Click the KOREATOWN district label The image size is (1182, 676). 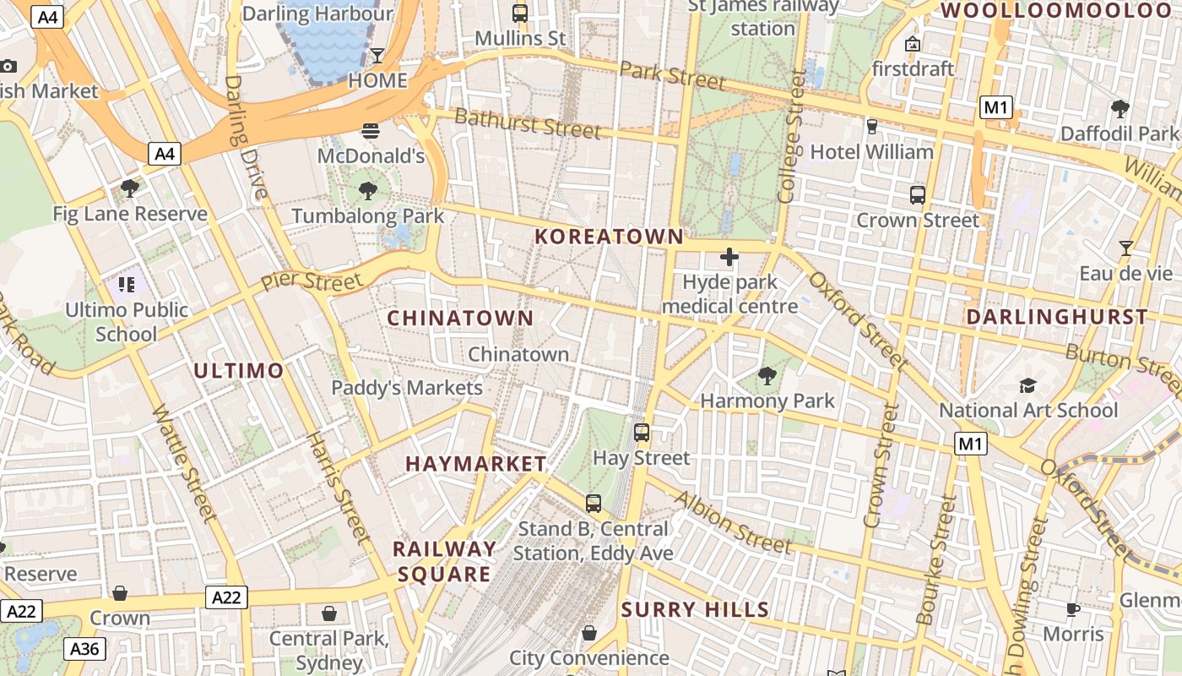click(609, 237)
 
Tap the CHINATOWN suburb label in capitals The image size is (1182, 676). click(460, 319)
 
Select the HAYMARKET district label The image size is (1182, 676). click(476, 464)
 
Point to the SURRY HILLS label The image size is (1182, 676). click(695, 610)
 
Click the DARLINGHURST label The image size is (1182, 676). click(1056, 318)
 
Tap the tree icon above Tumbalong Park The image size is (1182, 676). click(367, 191)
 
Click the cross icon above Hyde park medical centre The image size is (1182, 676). click(729, 257)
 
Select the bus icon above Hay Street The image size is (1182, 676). click(642, 433)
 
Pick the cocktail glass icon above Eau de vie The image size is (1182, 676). click(1125, 248)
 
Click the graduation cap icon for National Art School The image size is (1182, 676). click(1027, 386)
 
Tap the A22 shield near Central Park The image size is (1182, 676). click(226, 598)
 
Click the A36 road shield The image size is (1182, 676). click(84, 649)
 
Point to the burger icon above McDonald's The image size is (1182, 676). click(371, 130)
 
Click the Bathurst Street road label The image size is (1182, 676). click(528, 124)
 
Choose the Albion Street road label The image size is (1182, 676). click(733, 522)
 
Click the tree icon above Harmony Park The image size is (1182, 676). click(767, 375)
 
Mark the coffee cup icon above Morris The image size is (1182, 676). click(1073, 609)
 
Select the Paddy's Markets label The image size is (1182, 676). click(407, 388)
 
